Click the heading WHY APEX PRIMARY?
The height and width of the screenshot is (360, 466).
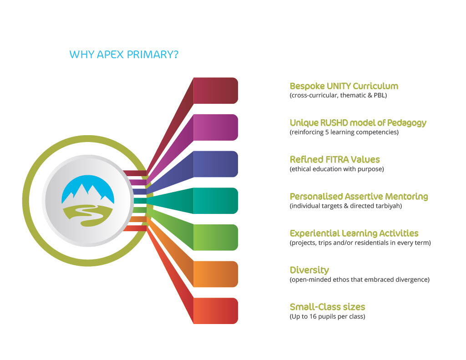[124, 55]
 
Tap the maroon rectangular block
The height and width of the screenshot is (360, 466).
[215, 91]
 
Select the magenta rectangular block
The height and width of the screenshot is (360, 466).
[215, 127]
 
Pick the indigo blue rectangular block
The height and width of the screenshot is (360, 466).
[215, 164]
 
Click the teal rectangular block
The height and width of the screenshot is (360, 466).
[215, 201]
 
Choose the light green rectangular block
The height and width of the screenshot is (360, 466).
[215, 238]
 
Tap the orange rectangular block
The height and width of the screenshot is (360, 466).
[215, 274]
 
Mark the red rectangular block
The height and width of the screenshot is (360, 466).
[215, 311]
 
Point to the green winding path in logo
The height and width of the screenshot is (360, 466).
[88, 216]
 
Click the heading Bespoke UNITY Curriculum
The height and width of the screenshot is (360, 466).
[344, 86]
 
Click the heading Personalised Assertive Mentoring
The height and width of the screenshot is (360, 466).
[359, 197]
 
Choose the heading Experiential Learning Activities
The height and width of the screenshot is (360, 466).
[354, 233]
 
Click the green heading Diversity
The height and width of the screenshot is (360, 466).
[309, 270]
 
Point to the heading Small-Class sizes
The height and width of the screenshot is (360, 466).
[327, 307]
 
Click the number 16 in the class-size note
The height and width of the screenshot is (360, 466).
[313, 317]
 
